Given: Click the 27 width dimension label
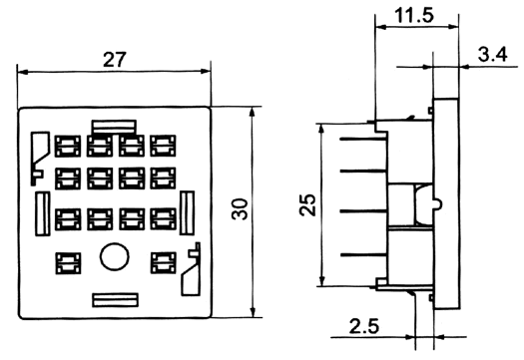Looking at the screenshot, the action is pyautogui.click(x=115, y=60).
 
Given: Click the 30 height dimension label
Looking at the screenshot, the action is pyautogui.click(x=240, y=209).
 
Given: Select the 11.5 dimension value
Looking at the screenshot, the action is pyautogui.click(x=414, y=15).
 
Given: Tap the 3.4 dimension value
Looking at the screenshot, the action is pyautogui.click(x=493, y=55).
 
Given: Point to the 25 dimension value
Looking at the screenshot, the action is pyautogui.click(x=307, y=204).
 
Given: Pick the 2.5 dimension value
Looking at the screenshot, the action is pyautogui.click(x=364, y=326).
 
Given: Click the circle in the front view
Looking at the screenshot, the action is pyautogui.click(x=115, y=256).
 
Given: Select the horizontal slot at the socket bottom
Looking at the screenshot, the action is pyautogui.click(x=116, y=300).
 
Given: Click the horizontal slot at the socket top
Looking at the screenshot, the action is pyautogui.click(x=115, y=127).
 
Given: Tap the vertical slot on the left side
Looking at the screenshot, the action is pyautogui.click(x=43, y=213).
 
